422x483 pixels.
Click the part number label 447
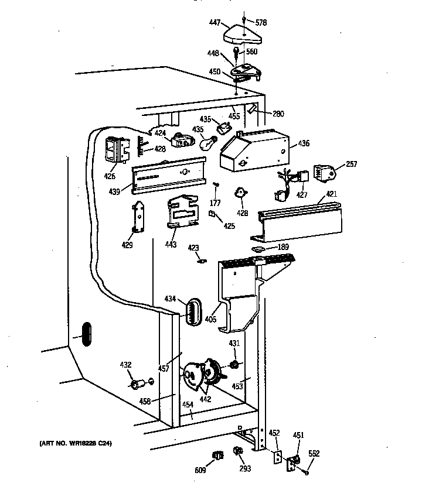click(215, 23)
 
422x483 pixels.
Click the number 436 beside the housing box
click(304, 143)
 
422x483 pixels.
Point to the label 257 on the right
click(351, 165)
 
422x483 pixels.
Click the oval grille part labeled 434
click(193, 310)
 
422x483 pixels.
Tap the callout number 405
click(210, 319)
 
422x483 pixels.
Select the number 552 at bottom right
click(314, 454)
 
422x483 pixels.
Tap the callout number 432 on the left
click(125, 365)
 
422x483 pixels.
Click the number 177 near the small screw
click(216, 203)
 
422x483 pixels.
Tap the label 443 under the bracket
click(171, 244)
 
